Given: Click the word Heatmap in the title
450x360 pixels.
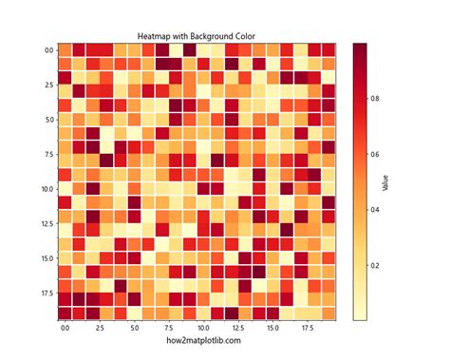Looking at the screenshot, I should tap(153, 37).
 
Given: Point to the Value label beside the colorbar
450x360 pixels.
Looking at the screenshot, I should tap(385, 180).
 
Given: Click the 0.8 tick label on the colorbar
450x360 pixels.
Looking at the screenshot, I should tap(376, 98).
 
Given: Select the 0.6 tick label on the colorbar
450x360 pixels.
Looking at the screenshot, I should tap(376, 154).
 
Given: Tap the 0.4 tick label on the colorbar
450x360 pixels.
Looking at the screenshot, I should tap(376, 209).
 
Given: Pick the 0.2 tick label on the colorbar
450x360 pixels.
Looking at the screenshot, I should tap(376, 265).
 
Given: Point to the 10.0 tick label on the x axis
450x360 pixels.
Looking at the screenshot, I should tap(203, 328).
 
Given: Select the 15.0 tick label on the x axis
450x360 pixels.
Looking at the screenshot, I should tap(272, 328).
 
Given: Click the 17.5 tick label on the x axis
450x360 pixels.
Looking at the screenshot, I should tap(308, 328).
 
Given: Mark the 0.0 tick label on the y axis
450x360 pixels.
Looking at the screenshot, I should tap(47, 50).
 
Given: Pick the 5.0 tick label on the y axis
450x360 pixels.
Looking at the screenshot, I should tap(47, 120).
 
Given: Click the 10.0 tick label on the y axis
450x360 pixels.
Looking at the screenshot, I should tap(46, 189).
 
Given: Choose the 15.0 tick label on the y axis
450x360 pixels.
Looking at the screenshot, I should tap(46, 258).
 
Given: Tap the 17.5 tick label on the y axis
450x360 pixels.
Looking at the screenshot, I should tap(46, 294).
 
